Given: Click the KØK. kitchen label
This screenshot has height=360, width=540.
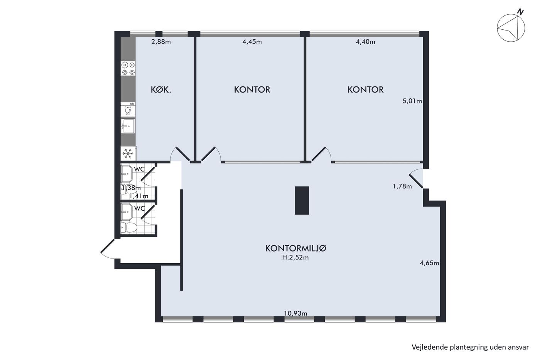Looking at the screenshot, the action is click(161, 90).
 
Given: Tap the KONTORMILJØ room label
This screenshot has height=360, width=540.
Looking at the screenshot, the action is click(295, 248).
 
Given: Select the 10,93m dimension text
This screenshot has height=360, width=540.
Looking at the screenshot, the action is click(295, 313).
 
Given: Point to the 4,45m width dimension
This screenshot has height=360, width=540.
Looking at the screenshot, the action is click(252, 42).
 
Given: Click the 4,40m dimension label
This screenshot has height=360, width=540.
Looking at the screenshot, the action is click(365, 42).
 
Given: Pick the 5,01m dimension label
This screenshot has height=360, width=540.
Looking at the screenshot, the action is click(412, 101).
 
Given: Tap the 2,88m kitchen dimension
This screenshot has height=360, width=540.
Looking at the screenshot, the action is click(161, 42).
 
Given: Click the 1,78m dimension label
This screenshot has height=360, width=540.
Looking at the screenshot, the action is click(402, 186).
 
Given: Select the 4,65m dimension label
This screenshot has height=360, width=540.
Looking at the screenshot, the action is click(429, 263).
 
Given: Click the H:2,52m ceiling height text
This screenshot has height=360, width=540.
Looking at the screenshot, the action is click(295, 257).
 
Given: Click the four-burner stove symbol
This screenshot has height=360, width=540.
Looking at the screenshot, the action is click(128, 68).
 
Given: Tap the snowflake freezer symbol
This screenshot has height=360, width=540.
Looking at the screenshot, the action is click(128, 154).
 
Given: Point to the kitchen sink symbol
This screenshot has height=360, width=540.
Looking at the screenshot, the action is click(128, 126).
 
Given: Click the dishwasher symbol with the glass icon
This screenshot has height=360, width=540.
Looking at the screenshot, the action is click(128, 110).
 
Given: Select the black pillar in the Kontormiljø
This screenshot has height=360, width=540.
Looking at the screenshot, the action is click(302, 200).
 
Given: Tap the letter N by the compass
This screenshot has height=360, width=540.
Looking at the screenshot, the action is click(520, 12).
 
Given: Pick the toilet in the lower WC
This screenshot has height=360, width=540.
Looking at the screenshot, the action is click(129, 227).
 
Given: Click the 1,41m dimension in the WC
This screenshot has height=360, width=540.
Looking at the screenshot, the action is click(138, 196).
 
